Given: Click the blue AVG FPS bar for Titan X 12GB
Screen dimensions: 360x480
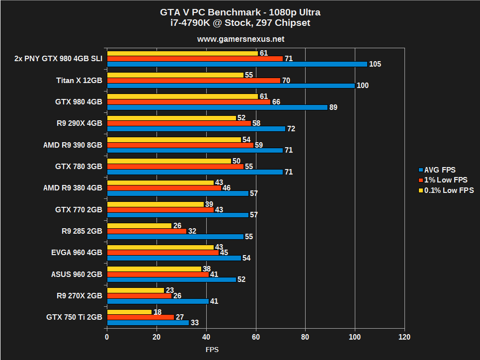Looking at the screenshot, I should click(231, 86).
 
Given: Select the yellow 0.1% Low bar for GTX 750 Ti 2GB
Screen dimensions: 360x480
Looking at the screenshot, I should click(129, 312).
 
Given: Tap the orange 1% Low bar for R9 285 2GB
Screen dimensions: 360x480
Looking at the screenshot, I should click(147, 231).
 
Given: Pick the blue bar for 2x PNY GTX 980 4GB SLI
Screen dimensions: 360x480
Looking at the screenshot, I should click(237, 64).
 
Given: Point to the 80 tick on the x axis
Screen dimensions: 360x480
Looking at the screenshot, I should click(305, 337).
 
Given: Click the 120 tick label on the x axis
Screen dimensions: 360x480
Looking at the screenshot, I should click(404, 337).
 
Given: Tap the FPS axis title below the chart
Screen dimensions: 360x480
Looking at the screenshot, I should click(212, 350).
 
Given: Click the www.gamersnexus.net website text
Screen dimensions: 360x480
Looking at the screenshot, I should click(240, 39).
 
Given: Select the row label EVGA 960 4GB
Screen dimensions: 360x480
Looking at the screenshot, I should click(77, 253).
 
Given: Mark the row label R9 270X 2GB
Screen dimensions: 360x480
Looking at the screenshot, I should click(79, 295).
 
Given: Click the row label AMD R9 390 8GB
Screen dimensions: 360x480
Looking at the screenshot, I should click(73, 145).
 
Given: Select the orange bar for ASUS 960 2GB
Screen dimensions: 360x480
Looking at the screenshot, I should click(158, 274).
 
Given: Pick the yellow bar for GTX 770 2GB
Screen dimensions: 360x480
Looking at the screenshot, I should click(155, 204).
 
